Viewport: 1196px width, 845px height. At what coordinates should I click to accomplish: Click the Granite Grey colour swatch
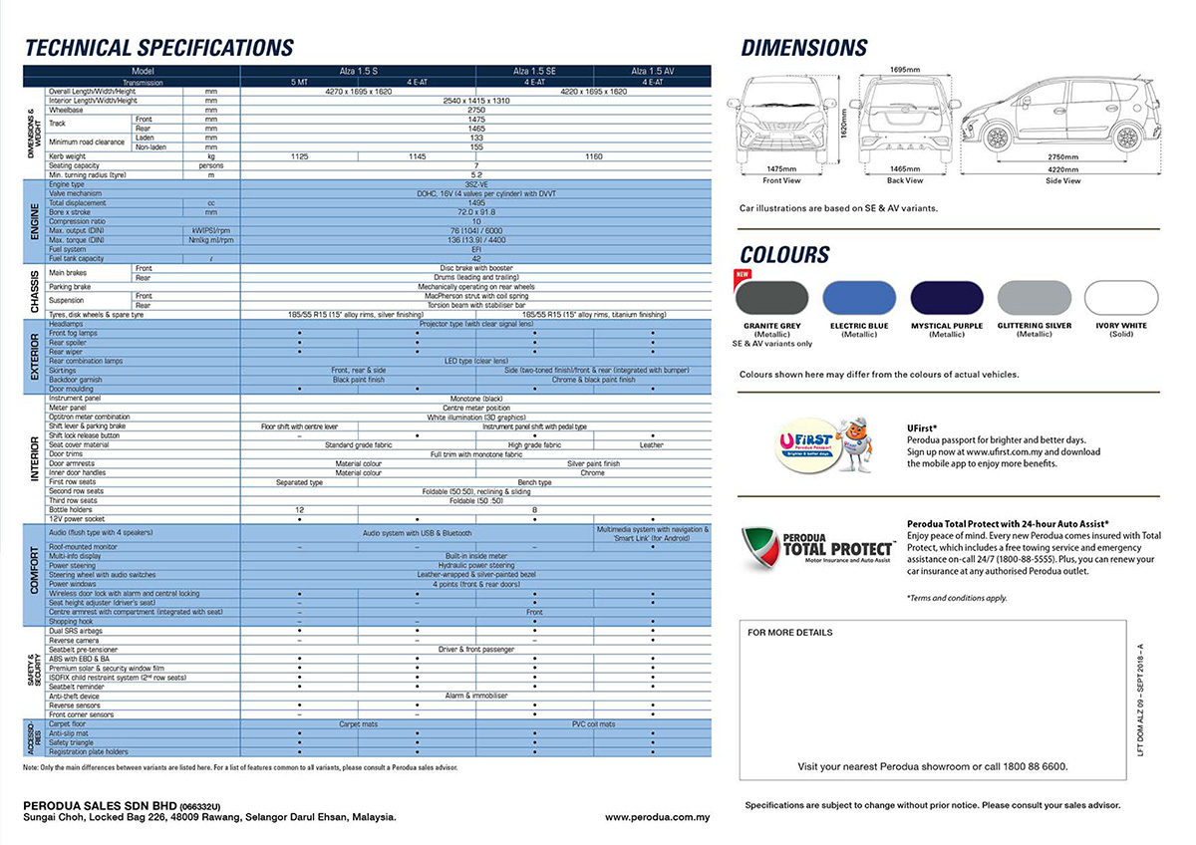coord(770,298)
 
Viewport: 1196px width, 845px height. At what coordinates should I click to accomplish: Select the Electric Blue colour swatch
coord(859,298)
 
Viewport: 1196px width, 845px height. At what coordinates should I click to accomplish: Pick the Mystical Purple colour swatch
coord(946,298)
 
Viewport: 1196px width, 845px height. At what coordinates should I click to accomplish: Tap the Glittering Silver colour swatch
coord(1034,298)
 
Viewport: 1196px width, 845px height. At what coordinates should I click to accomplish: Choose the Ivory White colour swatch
coord(1121,298)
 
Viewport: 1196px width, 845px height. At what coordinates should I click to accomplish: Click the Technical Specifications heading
coord(159,48)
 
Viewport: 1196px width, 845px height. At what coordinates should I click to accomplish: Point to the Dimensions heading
coord(804,48)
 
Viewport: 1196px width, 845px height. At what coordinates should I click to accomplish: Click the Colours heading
coord(784,254)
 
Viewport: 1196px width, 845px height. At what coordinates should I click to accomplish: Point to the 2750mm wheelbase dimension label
coord(1063,156)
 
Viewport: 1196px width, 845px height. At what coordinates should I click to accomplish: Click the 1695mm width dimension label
coord(905,70)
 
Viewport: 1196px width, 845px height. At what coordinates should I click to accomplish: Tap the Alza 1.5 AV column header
coord(653,71)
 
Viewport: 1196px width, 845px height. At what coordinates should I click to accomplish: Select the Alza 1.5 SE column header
coord(535,71)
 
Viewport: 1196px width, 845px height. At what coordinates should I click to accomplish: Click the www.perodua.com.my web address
coord(657,817)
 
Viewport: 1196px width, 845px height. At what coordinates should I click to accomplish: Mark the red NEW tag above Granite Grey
coord(742,274)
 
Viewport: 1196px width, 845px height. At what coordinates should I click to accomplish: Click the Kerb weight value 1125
coord(299,156)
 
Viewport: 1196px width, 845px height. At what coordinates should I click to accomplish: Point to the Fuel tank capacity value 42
coord(476,258)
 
